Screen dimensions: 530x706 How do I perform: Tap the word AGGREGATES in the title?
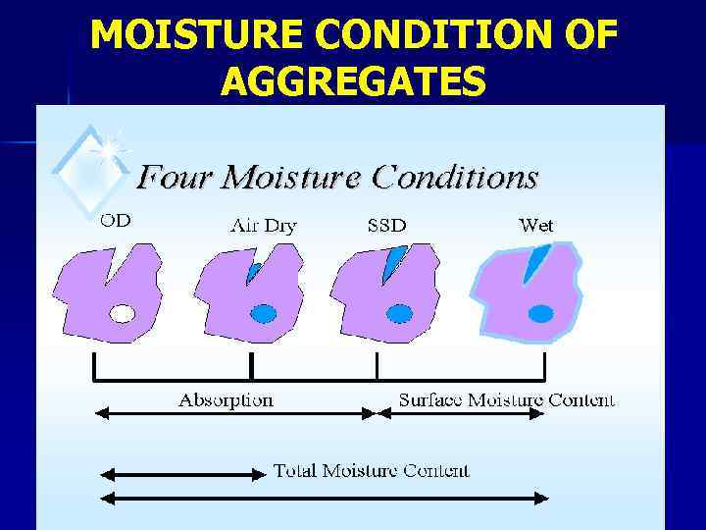[x=353, y=81]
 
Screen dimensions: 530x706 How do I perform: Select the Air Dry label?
[x=263, y=226]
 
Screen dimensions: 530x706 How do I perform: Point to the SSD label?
[x=386, y=226]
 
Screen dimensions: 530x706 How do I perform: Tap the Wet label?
[x=535, y=225]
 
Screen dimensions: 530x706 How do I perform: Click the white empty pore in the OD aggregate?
[x=121, y=314]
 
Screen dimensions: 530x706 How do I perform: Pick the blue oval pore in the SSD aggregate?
[x=399, y=313]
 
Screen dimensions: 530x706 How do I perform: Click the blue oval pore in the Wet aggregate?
[x=541, y=314]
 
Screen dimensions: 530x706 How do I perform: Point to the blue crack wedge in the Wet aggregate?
[x=536, y=261]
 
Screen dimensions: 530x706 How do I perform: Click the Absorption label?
[x=226, y=399]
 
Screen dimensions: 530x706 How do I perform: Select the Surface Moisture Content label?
[x=506, y=399]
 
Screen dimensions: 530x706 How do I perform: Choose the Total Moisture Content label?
[x=371, y=470]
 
